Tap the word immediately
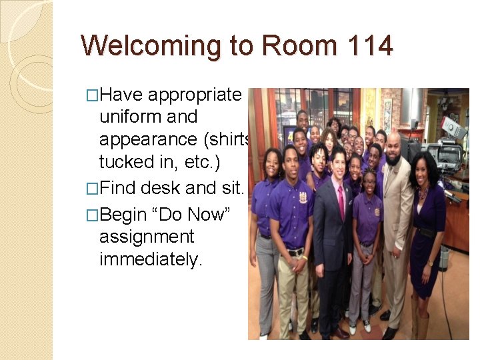click(x=150, y=259)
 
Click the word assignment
click(x=147, y=237)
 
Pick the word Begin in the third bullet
click(x=125, y=215)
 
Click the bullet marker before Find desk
click(x=93, y=189)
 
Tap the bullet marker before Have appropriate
click(x=93, y=95)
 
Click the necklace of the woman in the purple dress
click(x=423, y=193)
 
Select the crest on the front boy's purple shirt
click(x=303, y=198)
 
